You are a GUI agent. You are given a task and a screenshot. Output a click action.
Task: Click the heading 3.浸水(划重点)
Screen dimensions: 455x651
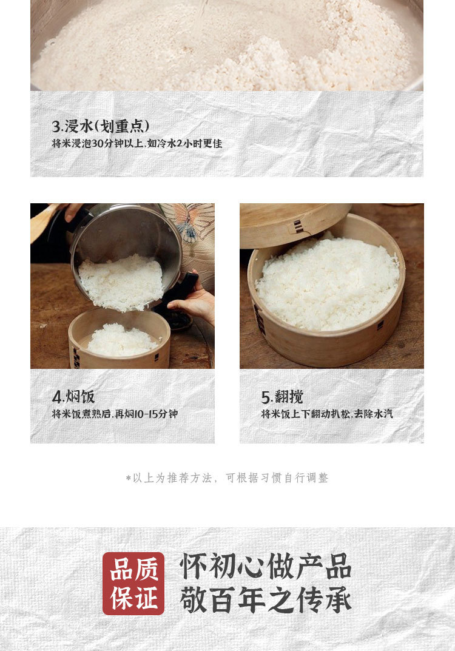[101, 126]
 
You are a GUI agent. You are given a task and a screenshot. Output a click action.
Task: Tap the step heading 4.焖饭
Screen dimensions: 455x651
[73, 397]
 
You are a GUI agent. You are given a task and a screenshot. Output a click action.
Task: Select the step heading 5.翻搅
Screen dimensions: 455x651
[282, 397]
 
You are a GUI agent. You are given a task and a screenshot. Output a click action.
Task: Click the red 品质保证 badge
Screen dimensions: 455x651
[133, 583]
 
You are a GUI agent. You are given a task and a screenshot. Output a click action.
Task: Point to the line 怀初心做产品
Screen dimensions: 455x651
[266, 566]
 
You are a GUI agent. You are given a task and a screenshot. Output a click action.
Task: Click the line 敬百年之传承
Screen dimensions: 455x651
[266, 599]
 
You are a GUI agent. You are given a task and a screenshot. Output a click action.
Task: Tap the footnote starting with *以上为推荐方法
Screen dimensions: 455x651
[227, 478]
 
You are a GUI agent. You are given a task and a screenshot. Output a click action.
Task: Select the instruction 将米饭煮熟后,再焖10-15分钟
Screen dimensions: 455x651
[115, 414]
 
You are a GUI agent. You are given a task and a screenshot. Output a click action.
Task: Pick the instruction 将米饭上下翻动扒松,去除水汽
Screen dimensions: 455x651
[327, 414]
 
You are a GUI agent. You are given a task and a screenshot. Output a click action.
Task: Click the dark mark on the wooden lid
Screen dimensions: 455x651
[298, 226]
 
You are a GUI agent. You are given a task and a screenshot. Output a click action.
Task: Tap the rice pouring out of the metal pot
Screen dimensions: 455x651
[121, 282]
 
